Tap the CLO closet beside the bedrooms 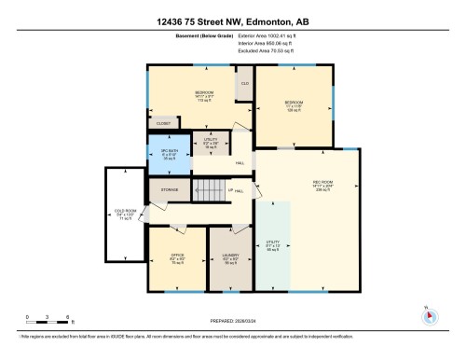[244, 84]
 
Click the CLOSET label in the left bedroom [164, 122]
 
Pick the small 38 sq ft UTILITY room [211, 145]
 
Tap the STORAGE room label [169, 189]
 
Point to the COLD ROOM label [125, 215]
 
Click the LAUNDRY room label [229, 257]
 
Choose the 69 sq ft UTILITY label [272, 246]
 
